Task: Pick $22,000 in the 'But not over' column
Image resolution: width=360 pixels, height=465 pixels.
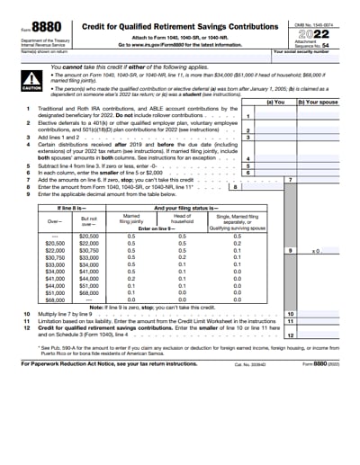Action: click(x=88, y=243)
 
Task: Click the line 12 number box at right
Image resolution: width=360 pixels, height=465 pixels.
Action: click(x=290, y=335)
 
